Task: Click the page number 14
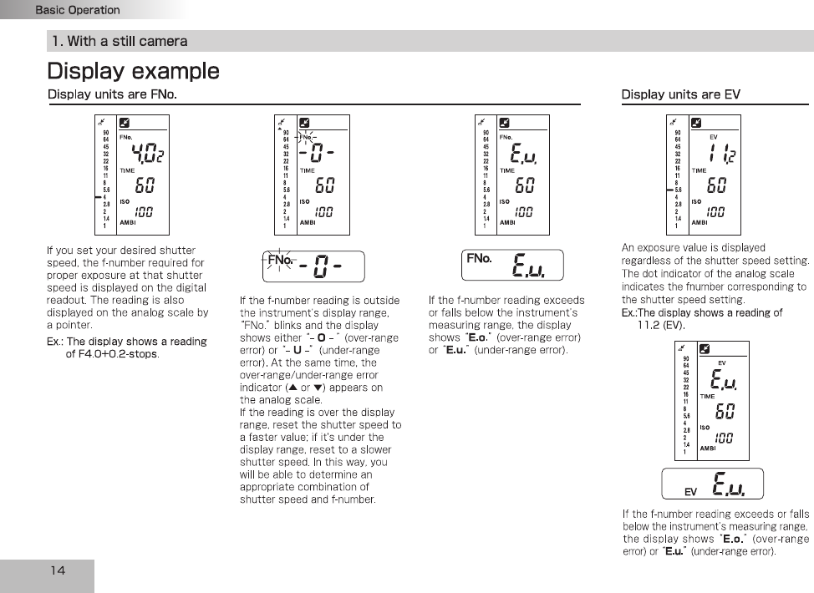tap(58, 570)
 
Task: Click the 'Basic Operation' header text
tap(77, 10)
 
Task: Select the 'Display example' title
tap(133, 71)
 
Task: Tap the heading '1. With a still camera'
tap(119, 41)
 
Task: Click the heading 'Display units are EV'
tap(680, 94)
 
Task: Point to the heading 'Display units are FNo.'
tap(112, 94)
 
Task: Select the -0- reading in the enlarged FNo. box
tap(322, 266)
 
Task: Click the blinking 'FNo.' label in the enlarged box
tap(281, 260)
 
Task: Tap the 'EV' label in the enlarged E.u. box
tap(690, 492)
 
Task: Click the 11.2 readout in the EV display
tap(721, 153)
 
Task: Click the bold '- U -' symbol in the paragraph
tap(297, 351)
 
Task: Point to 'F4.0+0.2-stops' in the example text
tap(112, 354)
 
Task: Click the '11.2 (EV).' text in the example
tap(660, 325)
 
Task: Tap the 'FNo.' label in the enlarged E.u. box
tap(479, 259)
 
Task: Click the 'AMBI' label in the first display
tap(128, 223)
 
